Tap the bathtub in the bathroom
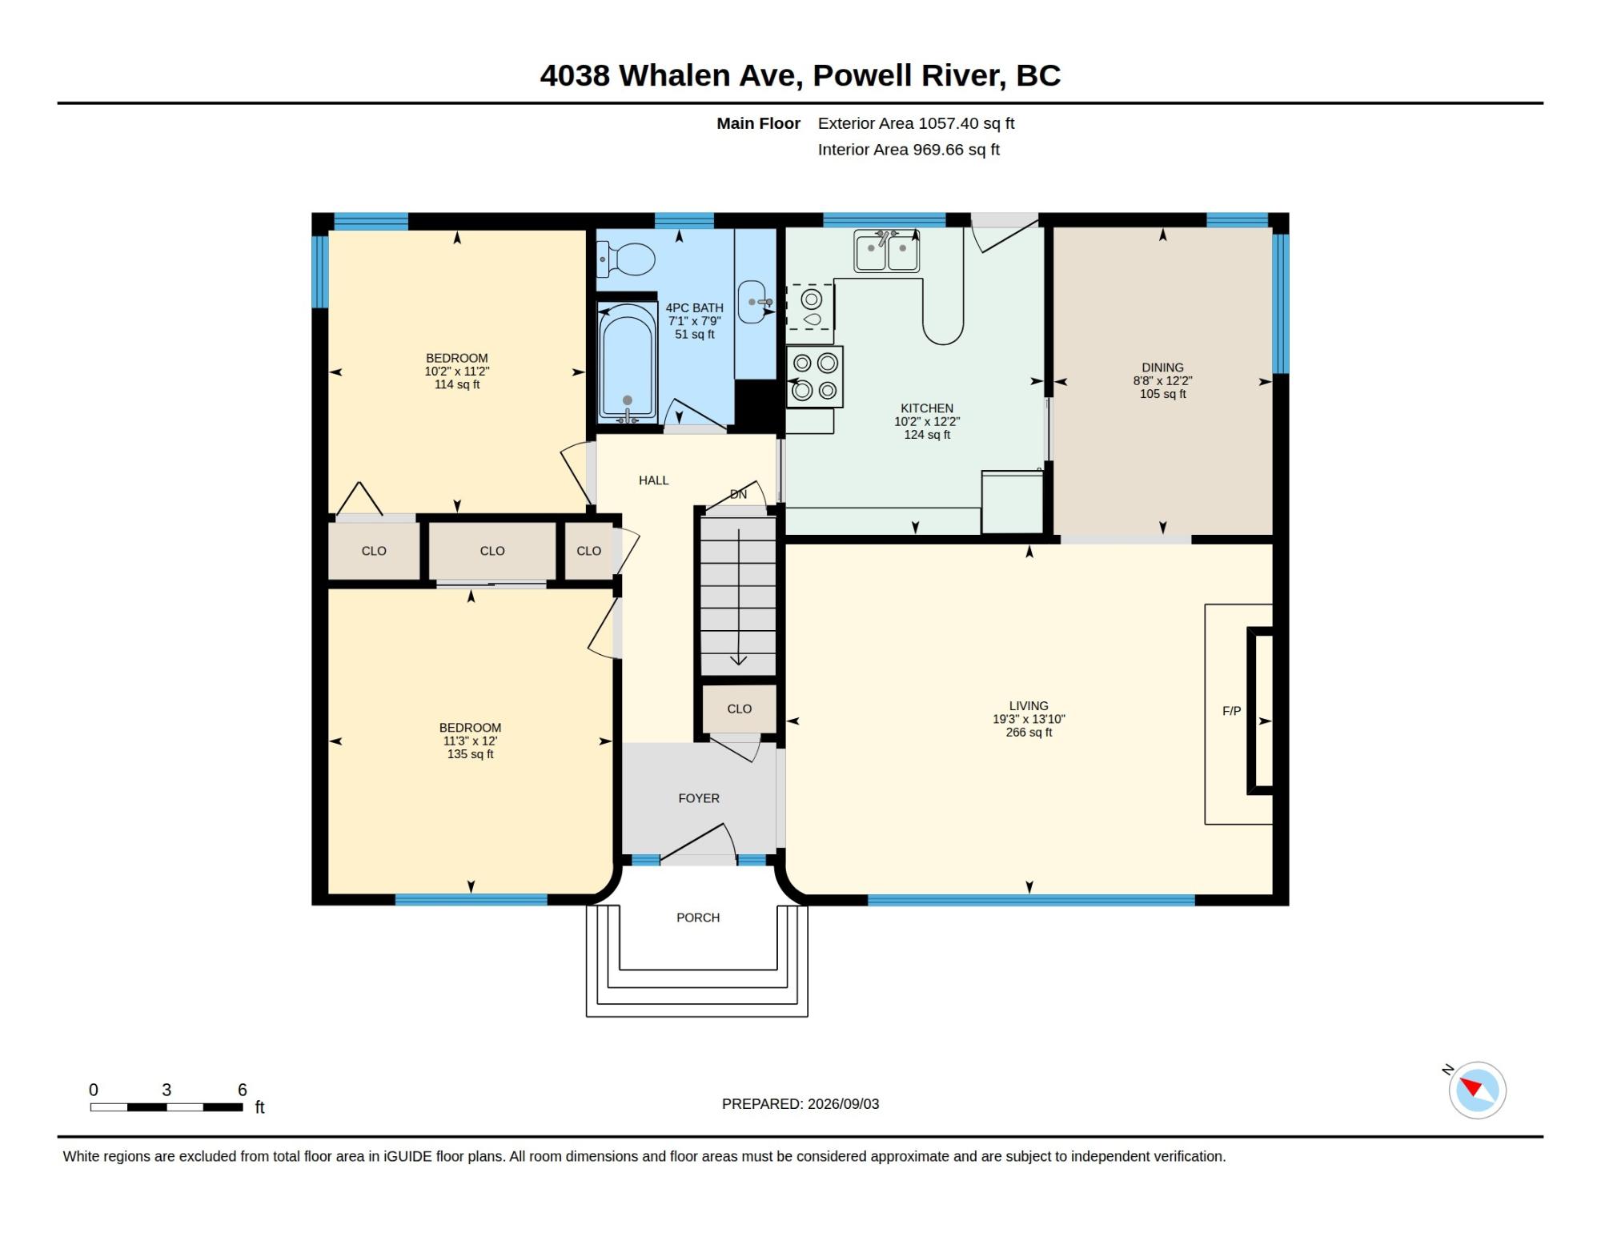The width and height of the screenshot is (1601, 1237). (628, 363)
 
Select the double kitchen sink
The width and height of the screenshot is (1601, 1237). (886, 251)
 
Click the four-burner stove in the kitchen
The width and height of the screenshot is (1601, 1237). (814, 376)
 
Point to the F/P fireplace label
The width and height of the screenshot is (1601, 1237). (1231, 711)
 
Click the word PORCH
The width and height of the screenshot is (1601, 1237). (698, 918)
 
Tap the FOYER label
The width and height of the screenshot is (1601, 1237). (699, 798)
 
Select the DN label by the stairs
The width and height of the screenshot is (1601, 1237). (738, 495)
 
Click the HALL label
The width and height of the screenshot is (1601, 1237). (653, 480)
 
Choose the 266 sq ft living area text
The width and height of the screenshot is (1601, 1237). (1029, 733)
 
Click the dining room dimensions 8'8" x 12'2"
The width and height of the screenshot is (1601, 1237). (1162, 381)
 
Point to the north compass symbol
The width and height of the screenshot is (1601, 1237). (1477, 1090)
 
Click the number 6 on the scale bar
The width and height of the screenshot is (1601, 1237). (242, 1090)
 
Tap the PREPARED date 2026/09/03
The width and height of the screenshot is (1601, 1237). (844, 1104)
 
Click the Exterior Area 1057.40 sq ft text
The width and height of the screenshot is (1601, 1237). (916, 123)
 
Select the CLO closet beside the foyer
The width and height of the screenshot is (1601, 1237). (739, 709)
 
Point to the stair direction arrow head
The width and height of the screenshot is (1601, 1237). (738, 661)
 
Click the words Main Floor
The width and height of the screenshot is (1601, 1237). (758, 123)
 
